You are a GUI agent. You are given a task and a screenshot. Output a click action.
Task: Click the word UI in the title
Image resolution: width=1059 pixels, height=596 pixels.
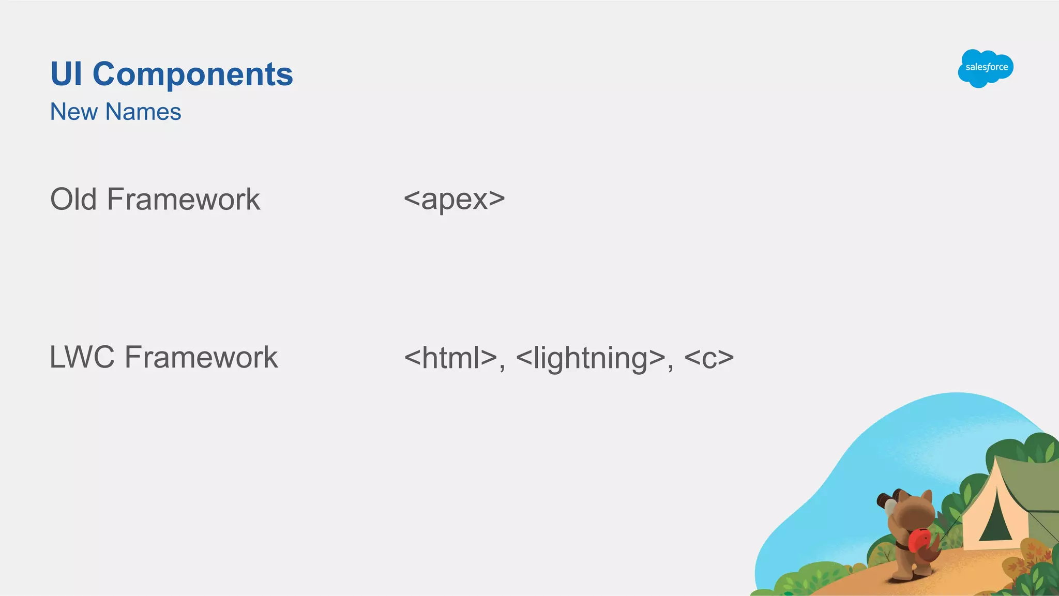pos(66,74)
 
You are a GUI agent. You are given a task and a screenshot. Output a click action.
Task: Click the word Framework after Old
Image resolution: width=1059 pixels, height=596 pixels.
pos(184,199)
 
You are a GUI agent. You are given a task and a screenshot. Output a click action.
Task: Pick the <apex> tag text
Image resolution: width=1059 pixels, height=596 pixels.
pos(454,199)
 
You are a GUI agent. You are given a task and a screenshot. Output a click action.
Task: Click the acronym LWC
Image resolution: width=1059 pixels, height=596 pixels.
pos(82,357)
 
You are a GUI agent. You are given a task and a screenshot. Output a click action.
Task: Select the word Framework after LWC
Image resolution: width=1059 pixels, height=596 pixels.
pos(201,357)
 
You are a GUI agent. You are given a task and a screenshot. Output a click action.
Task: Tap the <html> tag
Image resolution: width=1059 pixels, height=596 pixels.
pos(450,358)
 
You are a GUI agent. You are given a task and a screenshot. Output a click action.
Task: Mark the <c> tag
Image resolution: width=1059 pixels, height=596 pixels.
pos(708,358)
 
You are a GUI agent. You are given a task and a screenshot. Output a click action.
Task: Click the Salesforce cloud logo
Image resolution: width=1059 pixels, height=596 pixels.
pos(985,68)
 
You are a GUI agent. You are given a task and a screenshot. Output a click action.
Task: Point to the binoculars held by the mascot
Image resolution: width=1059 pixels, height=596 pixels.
pos(887,501)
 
